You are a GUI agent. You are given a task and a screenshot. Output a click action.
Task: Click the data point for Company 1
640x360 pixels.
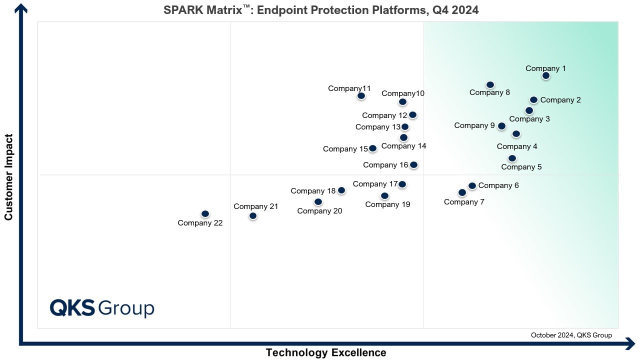coord(546,75)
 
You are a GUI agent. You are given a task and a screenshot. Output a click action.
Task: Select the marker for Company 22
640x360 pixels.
coord(205,213)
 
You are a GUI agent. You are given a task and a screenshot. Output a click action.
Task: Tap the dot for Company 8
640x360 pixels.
coord(490,85)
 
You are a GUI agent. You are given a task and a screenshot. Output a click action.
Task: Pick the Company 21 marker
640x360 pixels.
coord(253,215)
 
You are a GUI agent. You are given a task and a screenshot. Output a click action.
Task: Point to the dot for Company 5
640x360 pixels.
coord(512,158)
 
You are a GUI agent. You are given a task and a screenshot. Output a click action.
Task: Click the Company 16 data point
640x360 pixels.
coord(413,164)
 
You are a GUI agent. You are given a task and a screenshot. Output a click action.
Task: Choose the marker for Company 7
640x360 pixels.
coord(462,192)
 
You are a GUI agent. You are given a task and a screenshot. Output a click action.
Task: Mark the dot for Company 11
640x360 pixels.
coord(361,95)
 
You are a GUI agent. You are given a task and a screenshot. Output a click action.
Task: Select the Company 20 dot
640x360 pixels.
coord(318,201)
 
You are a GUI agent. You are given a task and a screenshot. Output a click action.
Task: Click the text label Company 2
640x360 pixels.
coord(560,100)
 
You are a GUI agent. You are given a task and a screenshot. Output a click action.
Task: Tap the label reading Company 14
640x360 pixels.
coord(403,146)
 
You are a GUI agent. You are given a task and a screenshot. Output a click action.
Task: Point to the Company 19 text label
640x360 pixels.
coord(387,204)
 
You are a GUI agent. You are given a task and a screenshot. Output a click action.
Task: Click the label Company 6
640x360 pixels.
coord(498,185)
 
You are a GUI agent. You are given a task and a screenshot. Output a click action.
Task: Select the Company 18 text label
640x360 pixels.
coord(313,190)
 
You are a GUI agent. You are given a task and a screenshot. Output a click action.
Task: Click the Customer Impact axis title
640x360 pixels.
coord(8,176)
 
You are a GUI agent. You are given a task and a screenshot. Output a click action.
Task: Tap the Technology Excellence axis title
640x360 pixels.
coord(326,352)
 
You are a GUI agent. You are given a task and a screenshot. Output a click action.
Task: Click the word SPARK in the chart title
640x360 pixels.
coord(182,10)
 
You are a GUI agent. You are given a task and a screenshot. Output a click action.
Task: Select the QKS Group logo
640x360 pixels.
coord(102,307)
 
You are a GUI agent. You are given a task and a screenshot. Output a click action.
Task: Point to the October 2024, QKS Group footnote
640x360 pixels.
coord(571,335)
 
